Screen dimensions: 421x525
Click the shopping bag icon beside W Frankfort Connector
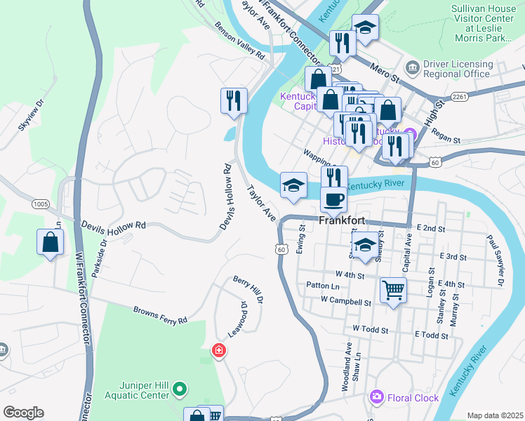coord(51,243)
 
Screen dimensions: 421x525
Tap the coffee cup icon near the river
coord(334,199)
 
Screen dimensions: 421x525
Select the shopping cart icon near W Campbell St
coord(393,289)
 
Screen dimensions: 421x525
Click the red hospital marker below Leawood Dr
coord(219,349)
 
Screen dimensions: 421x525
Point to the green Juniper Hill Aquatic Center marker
coord(180,388)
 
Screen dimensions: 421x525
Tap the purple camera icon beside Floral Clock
coord(378,397)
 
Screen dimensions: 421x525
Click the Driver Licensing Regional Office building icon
coord(411,68)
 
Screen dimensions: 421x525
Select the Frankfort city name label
coord(342,220)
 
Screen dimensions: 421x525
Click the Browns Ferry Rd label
coord(161,314)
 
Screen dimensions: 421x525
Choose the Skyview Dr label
coord(31,116)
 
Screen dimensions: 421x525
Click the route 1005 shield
coord(40,203)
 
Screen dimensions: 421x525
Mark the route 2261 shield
coord(460,95)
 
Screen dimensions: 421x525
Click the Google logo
coord(23,413)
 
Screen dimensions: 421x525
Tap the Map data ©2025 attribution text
coord(494,415)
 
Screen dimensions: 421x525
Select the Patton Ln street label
coord(323,286)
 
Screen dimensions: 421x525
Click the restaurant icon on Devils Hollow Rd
coord(234,100)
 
